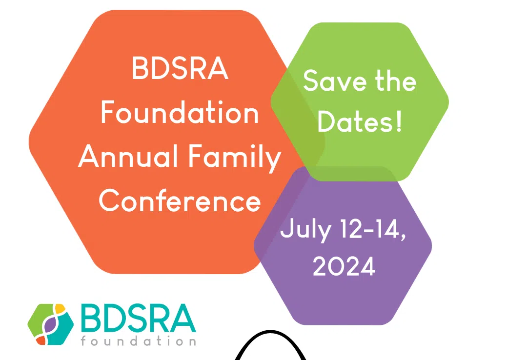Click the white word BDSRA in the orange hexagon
pos(180,68)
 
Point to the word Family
pos(235,159)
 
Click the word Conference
pos(180,200)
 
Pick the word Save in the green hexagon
pos(335,80)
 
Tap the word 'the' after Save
pos(396,80)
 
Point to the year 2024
pos(344,266)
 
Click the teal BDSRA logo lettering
pos(138,318)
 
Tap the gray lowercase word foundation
pos(138,341)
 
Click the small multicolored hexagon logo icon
pos(51,324)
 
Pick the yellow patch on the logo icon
pos(60,308)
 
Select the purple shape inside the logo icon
pos(50,325)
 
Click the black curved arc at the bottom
pos(270,333)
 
